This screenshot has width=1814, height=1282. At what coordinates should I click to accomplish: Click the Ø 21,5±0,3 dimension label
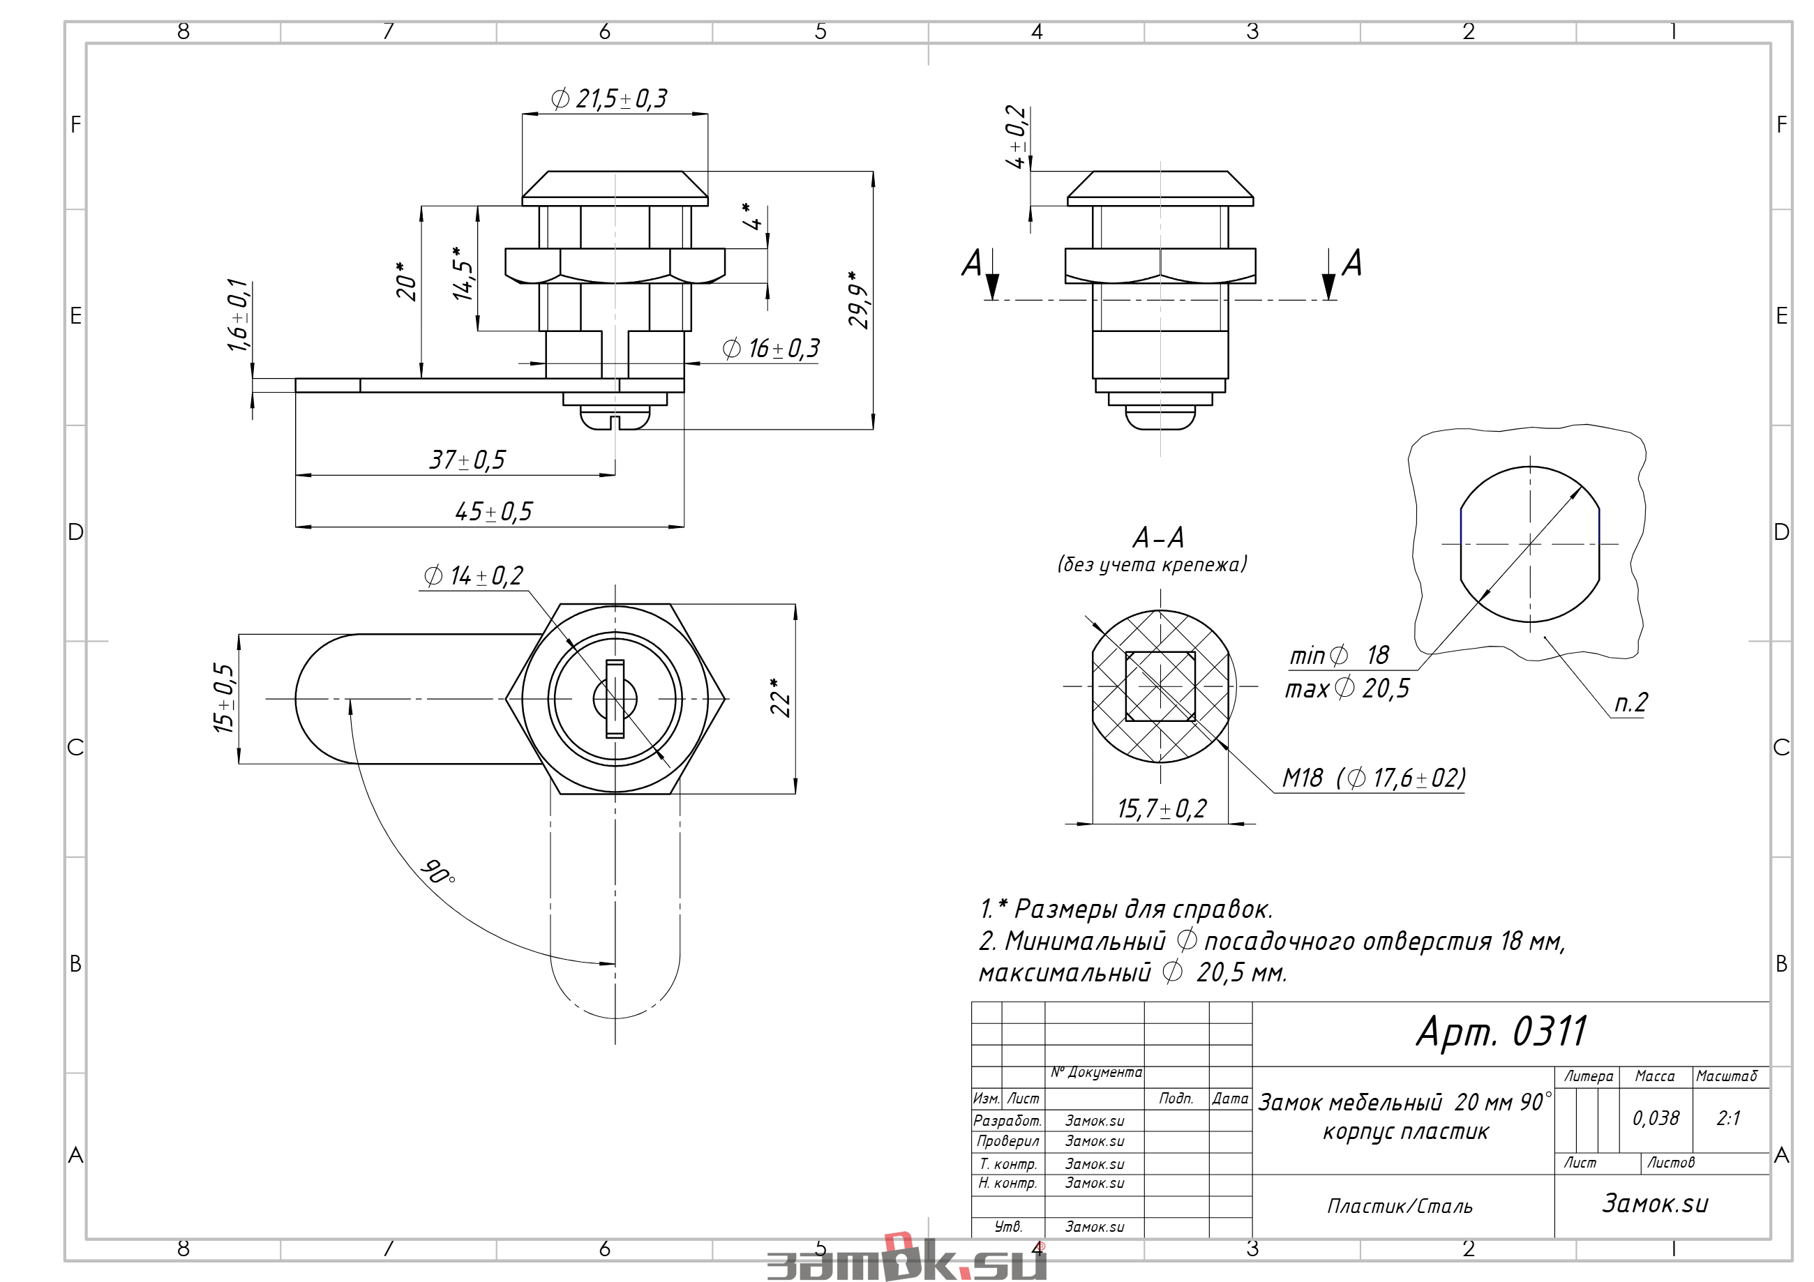pos(608,99)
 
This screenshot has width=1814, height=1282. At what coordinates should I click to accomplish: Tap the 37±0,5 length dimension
pos(467,460)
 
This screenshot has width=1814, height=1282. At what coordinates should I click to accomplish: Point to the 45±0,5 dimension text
pos(494,511)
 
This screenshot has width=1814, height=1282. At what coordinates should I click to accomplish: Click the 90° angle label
pos(437,871)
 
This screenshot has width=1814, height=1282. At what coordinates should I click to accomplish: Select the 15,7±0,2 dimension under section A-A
pos(1162,808)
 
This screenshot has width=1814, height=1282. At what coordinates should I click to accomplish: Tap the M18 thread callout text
pos(1373,778)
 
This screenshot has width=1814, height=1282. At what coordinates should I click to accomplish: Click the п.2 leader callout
pos(1631,702)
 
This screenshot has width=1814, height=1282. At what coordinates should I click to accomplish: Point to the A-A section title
pos(1158,537)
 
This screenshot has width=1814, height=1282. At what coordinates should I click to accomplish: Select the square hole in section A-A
pos(1160,686)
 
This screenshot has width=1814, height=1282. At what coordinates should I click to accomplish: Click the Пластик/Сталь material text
pos(1400,1206)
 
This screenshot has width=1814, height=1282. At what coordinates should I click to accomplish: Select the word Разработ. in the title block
pos(1007,1120)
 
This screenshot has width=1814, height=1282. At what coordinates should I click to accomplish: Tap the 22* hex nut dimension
pos(780,697)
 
